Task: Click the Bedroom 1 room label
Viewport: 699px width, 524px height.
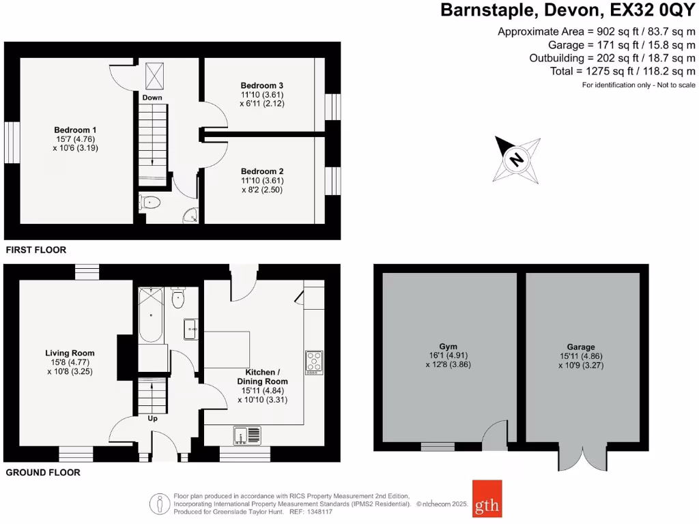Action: pos(76,129)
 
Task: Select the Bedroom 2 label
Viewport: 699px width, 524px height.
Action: pos(261,171)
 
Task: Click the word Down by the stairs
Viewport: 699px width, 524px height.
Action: pos(152,98)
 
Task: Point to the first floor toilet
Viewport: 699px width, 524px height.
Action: pos(149,202)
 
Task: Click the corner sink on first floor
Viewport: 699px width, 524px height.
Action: pos(190,216)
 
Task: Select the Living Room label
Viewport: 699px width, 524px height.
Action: pos(70,353)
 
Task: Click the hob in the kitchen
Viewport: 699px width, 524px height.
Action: pos(314,362)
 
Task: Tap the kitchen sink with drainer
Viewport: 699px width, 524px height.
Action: pos(247,435)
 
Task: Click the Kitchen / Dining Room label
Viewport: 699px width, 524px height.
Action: pos(262,376)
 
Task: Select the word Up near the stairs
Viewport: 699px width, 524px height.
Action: pos(152,418)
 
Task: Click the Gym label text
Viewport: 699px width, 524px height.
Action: pos(448,346)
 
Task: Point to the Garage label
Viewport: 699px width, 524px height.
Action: pos(581,347)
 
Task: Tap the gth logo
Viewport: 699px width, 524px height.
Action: pos(487,499)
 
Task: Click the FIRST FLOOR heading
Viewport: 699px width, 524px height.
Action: pos(36,250)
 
